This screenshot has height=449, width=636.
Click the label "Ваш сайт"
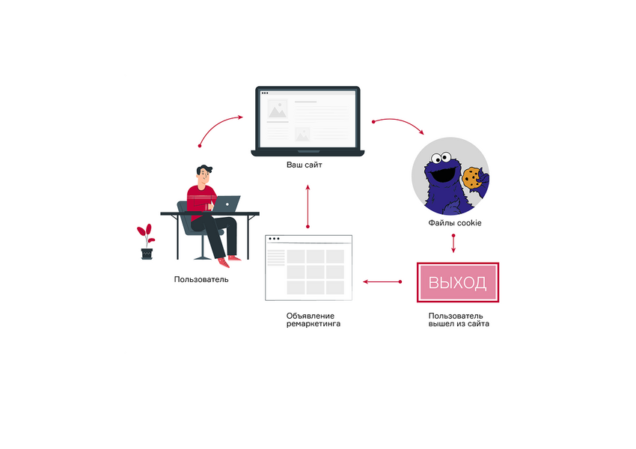305,164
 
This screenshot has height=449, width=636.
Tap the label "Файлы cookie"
454,222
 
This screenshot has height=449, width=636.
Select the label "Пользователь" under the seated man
201,280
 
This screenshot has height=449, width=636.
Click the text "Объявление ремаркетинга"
310,320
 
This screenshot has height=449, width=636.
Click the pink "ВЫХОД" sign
457,283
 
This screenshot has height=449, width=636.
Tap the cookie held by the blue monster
471,177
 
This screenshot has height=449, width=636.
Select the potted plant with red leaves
147,241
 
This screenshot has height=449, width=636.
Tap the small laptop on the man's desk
227,204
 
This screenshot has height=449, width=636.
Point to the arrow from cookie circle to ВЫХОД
453,244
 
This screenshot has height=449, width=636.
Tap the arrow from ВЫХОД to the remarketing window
382,282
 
